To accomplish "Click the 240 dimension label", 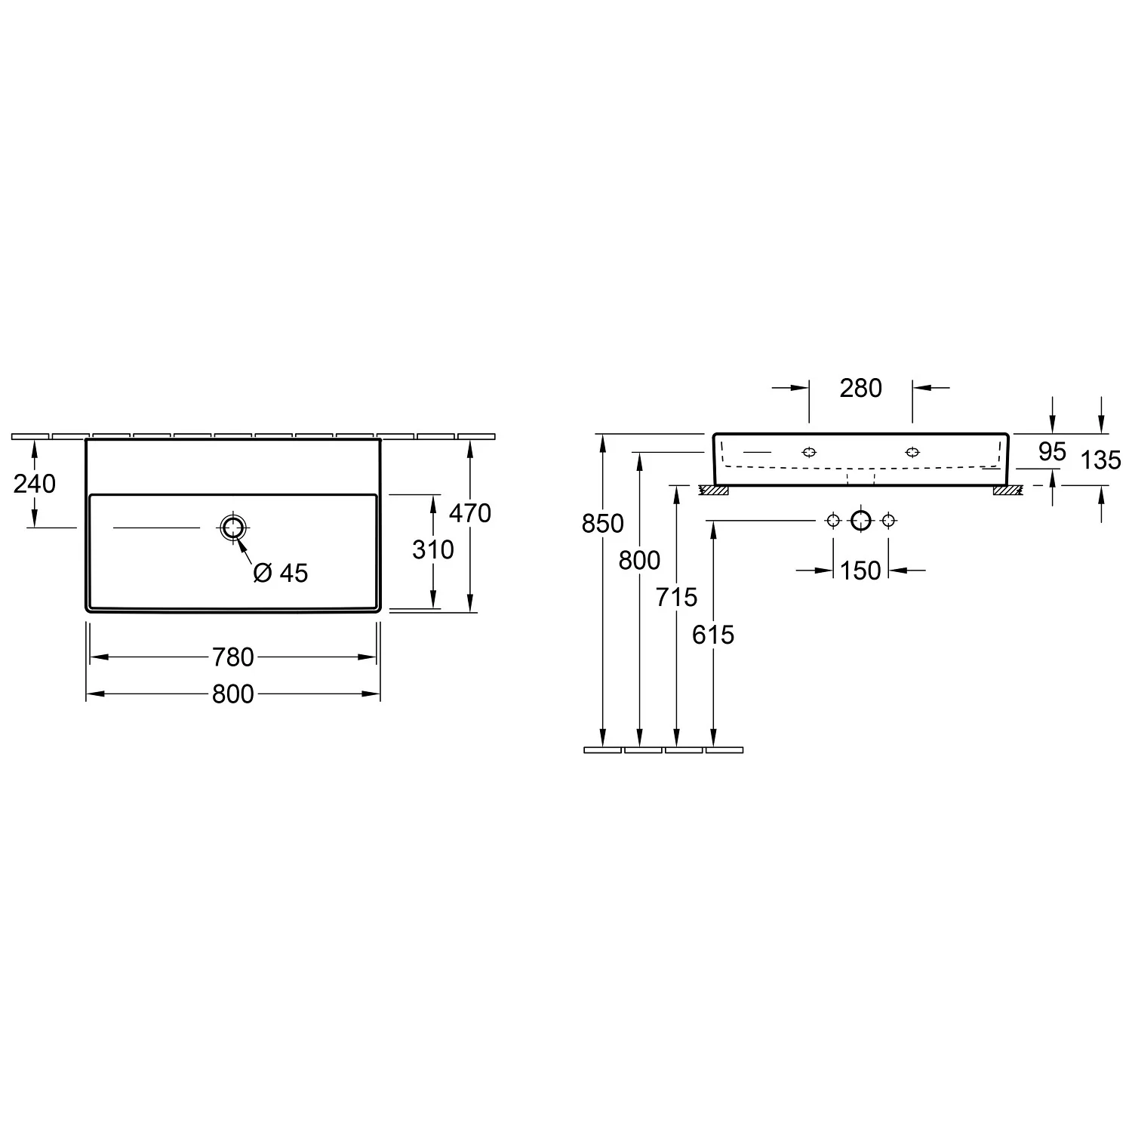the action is pos(35,484).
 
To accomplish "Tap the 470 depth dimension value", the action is pos(470,513).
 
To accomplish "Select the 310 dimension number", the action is pos(433,549).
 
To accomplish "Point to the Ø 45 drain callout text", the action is pos(281,574).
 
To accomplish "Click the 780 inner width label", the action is pos(233,657).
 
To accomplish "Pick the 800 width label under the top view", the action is pos(233,694).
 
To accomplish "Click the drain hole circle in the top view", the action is pos(233,528).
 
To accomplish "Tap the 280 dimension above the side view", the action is pos(861,388).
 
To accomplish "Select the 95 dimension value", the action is pos(1052,452).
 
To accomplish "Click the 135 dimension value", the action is pos(1101,460).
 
